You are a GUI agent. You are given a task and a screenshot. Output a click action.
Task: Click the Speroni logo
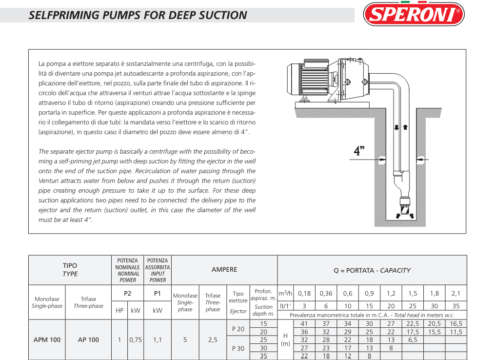(x=414, y=15)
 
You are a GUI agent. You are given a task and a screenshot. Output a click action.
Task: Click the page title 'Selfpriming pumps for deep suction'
(x=138, y=15)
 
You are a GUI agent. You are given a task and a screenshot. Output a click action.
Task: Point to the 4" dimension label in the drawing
(x=359, y=151)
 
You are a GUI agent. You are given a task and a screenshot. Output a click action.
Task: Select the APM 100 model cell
(x=47, y=340)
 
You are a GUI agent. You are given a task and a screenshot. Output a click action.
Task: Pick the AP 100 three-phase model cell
(x=88, y=340)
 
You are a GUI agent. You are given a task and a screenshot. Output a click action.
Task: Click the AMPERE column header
(x=224, y=269)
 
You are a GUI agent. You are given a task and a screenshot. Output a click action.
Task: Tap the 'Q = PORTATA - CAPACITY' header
(x=372, y=270)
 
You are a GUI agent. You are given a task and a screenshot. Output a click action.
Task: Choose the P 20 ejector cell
(x=238, y=329)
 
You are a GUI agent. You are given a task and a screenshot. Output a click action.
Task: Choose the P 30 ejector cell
(x=238, y=348)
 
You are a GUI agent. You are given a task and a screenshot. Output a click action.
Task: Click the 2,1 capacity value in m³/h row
(x=455, y=293)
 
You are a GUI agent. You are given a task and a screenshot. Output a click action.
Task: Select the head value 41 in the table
(x=304, y=323)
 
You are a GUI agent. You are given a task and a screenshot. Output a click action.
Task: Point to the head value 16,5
(x=455, y=323)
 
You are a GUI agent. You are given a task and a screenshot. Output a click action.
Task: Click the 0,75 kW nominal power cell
(x=135, y=340)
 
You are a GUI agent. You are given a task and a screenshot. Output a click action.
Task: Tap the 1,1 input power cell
(x=158, y=340)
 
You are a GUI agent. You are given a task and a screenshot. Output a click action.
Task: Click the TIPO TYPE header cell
(x=70, y=270)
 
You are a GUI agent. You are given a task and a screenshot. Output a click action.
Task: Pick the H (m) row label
(x=285, y=340)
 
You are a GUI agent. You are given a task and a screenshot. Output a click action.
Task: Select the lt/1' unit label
(x=284, y=306)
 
